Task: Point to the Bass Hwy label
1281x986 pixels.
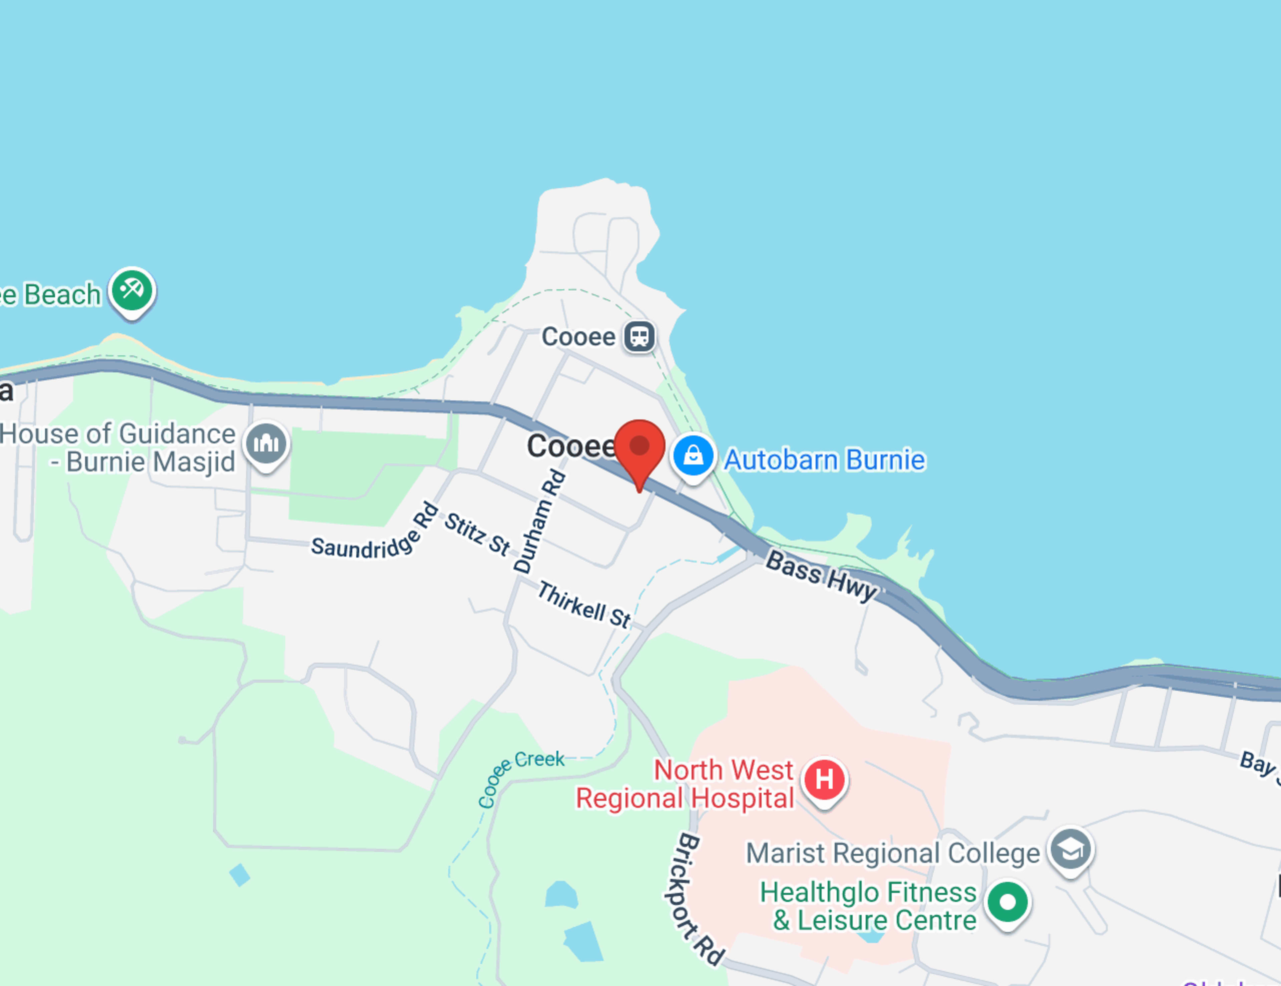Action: (x=822, y=575)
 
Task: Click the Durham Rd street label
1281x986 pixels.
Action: (x=540, y=521)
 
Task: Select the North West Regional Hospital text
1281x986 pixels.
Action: (x=685, y=784)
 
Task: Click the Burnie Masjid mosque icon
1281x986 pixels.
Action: (x=266, y=443)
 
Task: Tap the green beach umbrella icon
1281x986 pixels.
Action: (x=132, y=290)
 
